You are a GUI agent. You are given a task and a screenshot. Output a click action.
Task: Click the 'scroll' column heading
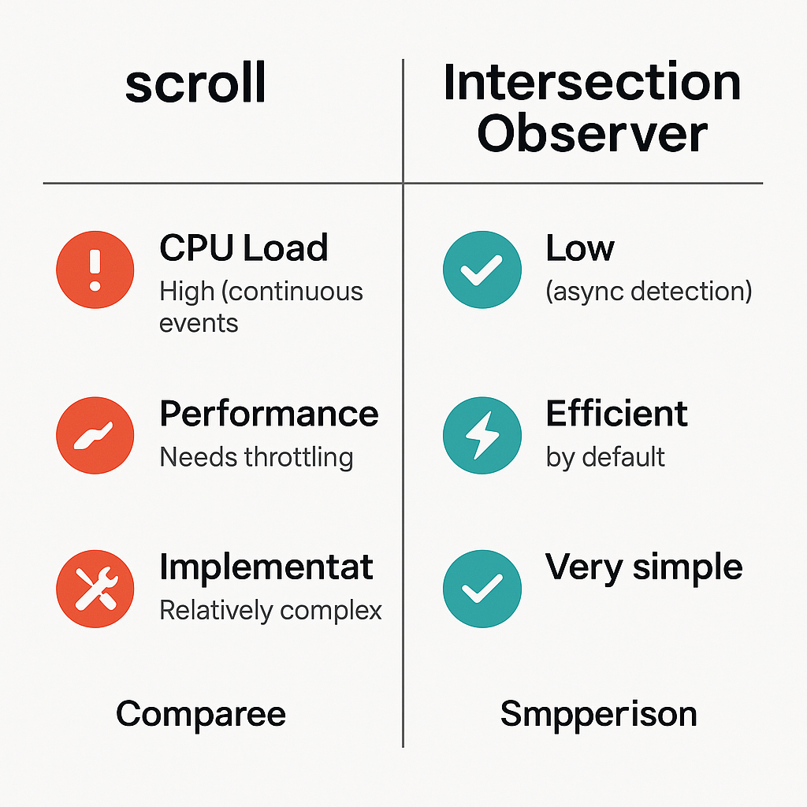[195, 85]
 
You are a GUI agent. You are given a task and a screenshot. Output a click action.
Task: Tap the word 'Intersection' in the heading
[592, 82]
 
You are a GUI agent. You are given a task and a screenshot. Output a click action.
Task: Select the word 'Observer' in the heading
[592, 134]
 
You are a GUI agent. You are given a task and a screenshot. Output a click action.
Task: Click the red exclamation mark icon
[95, 270]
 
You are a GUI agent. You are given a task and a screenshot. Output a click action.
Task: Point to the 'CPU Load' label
[244, 248]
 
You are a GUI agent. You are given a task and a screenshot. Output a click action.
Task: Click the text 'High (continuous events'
[261, 307]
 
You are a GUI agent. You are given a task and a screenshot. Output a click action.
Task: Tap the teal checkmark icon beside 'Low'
[482, 270]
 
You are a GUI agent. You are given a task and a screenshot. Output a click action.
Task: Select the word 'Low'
[579, 248]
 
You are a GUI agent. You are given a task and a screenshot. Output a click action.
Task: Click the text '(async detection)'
[649, 292]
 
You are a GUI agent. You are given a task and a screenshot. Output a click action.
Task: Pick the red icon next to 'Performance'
[95, 435]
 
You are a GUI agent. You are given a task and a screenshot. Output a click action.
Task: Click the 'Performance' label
[269, 414]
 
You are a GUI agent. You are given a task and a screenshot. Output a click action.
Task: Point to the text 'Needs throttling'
[256, 457]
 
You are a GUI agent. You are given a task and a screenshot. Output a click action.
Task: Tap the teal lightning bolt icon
[482, 435]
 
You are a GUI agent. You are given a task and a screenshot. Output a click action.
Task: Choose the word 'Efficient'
[616, 414]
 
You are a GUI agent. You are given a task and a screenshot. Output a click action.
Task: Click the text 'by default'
[605, 457]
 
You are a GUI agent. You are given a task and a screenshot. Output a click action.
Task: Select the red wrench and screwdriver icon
[95, 589]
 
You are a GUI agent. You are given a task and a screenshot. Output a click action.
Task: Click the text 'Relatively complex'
[270, 610]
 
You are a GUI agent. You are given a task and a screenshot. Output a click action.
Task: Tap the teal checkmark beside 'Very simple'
[482, 589]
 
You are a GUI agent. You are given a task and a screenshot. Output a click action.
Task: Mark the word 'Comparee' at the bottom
[200, 714]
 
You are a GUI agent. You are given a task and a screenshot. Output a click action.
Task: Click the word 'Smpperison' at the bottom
[598, 714]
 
